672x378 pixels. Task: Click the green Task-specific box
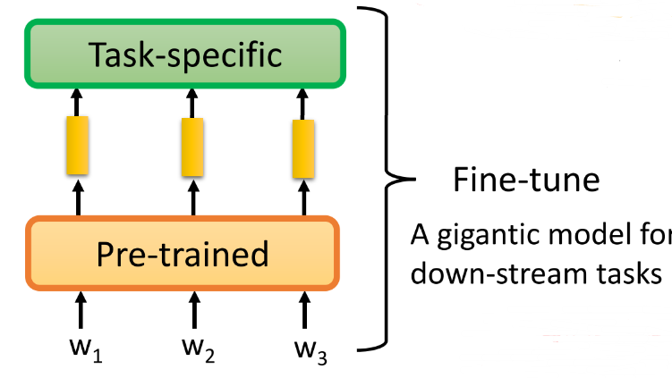[x=184, y=55]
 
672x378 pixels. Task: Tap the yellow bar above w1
[x=77, y=147]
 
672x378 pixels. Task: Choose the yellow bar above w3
[x=305, y=147]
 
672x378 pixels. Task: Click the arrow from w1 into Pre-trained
[x=81, y=311]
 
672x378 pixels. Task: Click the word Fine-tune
[x=525, y=181]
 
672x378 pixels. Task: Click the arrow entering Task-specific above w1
[x=77, y=101]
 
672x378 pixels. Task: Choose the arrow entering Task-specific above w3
[x=305, y=101]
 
